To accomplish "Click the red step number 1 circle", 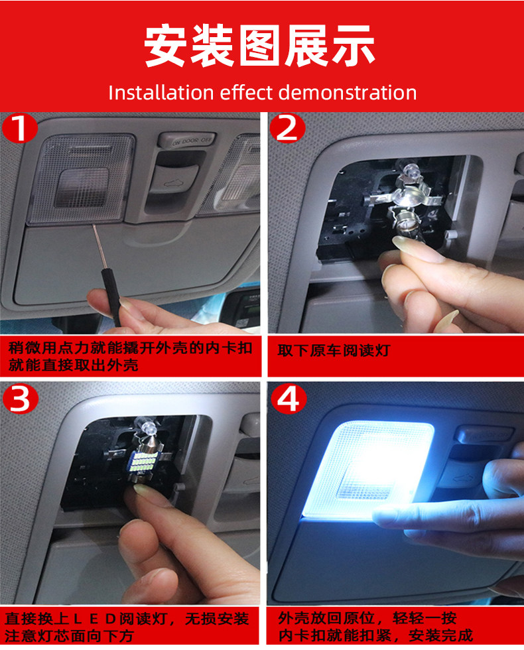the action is tap(19, 129).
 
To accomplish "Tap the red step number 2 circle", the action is tap(287, 128).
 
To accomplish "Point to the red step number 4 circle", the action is tap(289, 399).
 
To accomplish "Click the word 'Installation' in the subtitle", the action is tap(161, 92).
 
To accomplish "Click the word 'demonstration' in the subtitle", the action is tap(348, 92).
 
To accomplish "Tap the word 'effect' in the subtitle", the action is tap(247, 92).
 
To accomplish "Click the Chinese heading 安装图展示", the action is tap(260, 45).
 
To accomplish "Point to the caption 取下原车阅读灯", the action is tap(334, 351).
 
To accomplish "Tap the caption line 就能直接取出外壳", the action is tap(74, 365).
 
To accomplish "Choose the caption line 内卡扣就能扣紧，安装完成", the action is tap(375, 635).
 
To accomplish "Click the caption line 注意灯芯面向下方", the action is tap(69, 636).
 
